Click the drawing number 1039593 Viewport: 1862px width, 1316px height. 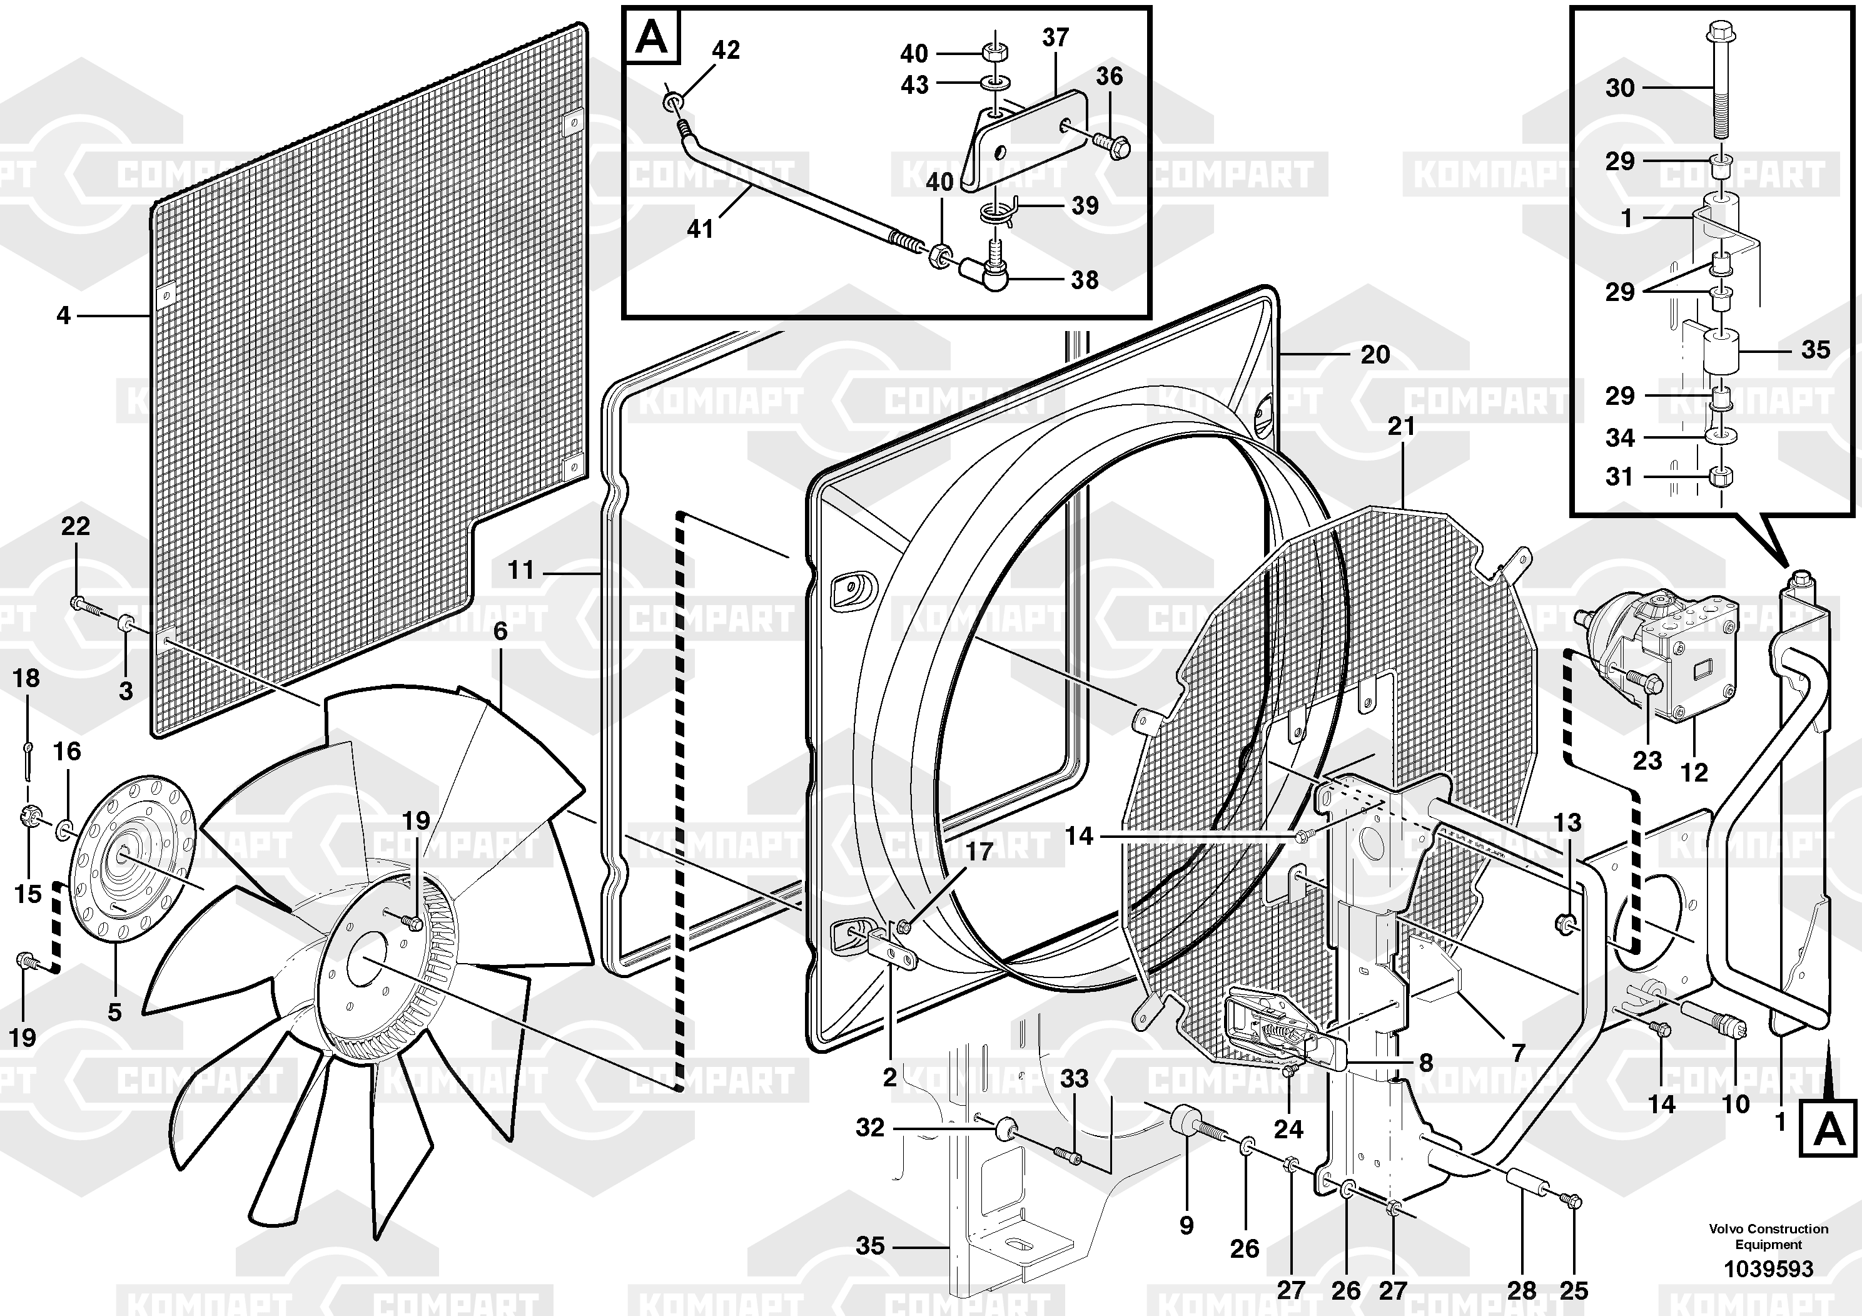pos(1768,1269)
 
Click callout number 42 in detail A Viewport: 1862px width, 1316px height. pos(726,50)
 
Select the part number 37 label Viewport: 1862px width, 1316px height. pos(1056,38)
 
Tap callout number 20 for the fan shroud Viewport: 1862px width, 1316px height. pos(1375,355)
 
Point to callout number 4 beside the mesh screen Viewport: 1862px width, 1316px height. pos(64,315)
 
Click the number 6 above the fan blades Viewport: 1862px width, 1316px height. pos(500,631)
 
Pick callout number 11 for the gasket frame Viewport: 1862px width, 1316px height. pos(520,570)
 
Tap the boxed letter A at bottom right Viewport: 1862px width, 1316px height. pos(1828,1128)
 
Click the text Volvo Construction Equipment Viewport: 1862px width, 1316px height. pos(1769,1237)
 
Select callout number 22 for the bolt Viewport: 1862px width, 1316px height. pos(76,526)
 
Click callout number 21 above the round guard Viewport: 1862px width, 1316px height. pos(1402,426)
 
